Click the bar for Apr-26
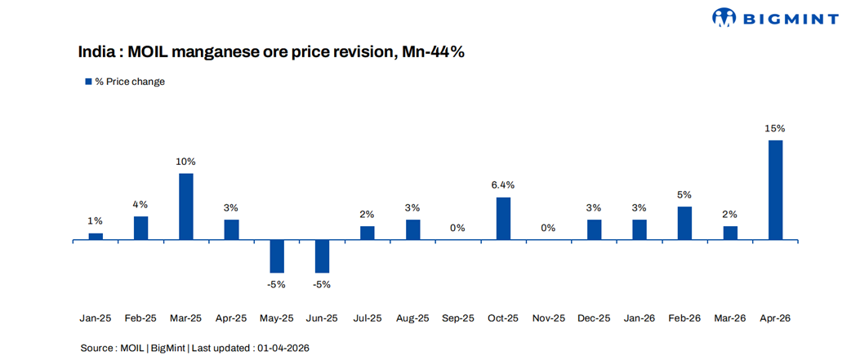775,190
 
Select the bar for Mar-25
186,207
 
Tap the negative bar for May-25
277,256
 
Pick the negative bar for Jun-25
322,256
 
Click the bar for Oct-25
503,218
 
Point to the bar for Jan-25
96,236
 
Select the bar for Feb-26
684,223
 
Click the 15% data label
775,128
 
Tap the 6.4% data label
503,185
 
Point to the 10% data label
186,162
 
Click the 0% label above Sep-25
457,228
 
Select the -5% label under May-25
277,285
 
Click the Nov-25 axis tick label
548,318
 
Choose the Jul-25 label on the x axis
367,318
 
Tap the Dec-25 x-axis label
594,318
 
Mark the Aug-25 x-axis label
412,318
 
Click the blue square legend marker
88,82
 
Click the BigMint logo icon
724,17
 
